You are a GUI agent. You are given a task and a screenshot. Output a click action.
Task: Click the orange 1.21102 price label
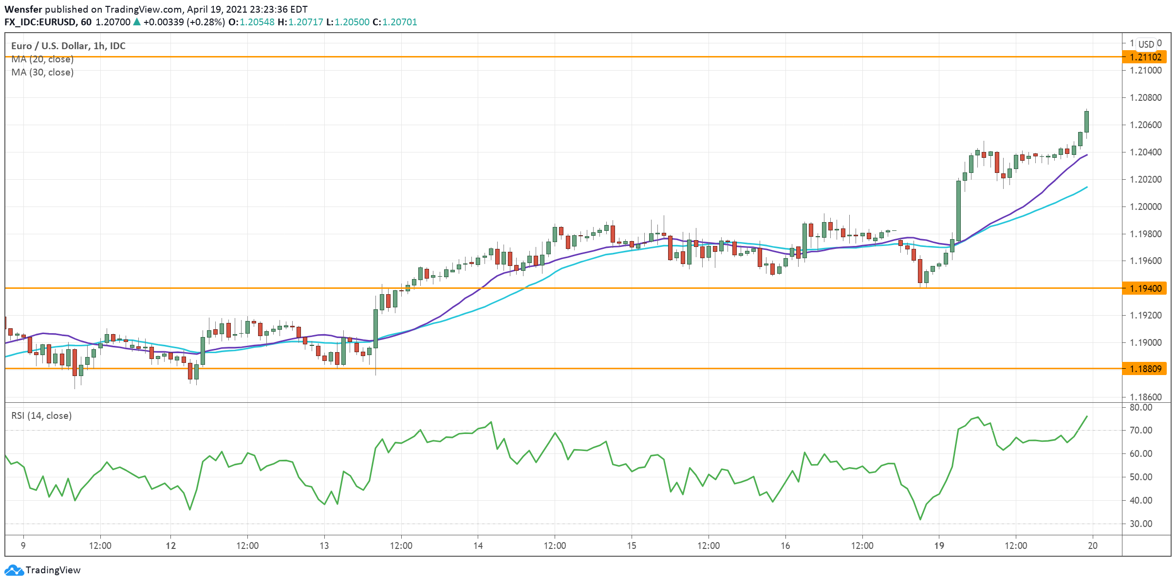pos(1145,57)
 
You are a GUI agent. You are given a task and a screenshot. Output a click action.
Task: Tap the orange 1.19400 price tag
pos(1145,288)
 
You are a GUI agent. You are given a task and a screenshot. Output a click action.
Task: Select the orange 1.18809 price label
pos(1145,369)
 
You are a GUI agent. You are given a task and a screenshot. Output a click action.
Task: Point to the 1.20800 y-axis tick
pos(1145,97)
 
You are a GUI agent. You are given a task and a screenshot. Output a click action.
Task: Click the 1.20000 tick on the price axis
pos(1145,207)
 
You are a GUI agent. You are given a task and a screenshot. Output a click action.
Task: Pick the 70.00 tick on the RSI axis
pos(1141,430)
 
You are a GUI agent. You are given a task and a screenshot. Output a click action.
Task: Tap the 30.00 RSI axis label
pos(1141,524)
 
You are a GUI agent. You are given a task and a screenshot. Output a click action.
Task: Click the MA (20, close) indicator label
pos(42,59)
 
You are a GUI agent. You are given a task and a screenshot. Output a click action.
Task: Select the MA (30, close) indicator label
pos(42,72)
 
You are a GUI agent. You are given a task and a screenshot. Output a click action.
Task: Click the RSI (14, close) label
pos(41,415)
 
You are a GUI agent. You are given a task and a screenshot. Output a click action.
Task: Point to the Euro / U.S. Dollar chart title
pos(68,46)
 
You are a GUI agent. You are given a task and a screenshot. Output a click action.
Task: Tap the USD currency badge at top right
pos(1146,44)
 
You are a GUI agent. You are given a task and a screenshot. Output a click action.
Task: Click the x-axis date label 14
pos(478,546)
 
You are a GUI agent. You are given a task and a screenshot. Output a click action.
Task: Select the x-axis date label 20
pos(1093,546)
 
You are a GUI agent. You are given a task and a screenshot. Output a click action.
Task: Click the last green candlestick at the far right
pos(1086,122)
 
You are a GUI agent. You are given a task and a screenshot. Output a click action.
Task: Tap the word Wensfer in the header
pos(23,9)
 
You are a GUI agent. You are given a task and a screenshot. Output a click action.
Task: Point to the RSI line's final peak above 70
pos(1086,416)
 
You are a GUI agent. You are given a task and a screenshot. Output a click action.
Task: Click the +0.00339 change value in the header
pos(164,22)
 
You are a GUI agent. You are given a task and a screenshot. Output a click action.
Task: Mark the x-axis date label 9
pos(23,546)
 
